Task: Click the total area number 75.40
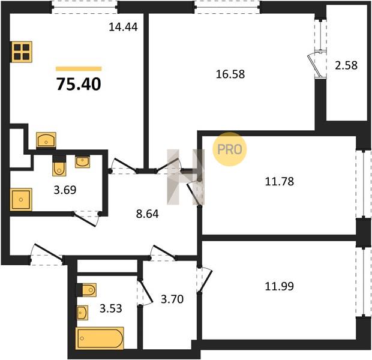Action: pyautogui.click(x=79, y=84)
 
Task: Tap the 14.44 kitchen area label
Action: pyautogui.click(x=123, y=27)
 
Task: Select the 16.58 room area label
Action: pyautogui.click(x=230, y=74)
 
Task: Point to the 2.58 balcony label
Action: pyautogui.click(x=346, y=65)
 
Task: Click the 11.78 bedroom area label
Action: pyautogui.click(x=279, y=182)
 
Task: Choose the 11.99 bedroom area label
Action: pyautogui.click(x=279, y=286)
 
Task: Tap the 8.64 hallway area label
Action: pyautogui.click(x=148, y=214)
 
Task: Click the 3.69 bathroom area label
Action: pyautogui.click(x=65, y=190)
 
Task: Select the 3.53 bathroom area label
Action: pyautogui.click(x=111, y=308)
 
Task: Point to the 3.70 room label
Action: pyautogui.click(x=172, y=299)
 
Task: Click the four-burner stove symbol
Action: pyautogui.click(x=22, y=52)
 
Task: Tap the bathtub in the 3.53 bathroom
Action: pyautogui.click(x=100, y=338)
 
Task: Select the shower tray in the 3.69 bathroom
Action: pyautogui.click(x=21, y=199)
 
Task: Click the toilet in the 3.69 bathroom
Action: pyautogui.click(x=59, y=166)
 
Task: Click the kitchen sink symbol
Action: pyautogui.click(x=46, y=140)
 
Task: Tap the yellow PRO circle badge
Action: pyautogui.click(x=229, y=149)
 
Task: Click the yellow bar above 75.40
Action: pyautogui.click(x=79, y=69)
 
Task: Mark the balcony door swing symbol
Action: pyautogui.click(x=314, y=65)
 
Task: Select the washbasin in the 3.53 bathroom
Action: pyautogui.click(x=83, y=313)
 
